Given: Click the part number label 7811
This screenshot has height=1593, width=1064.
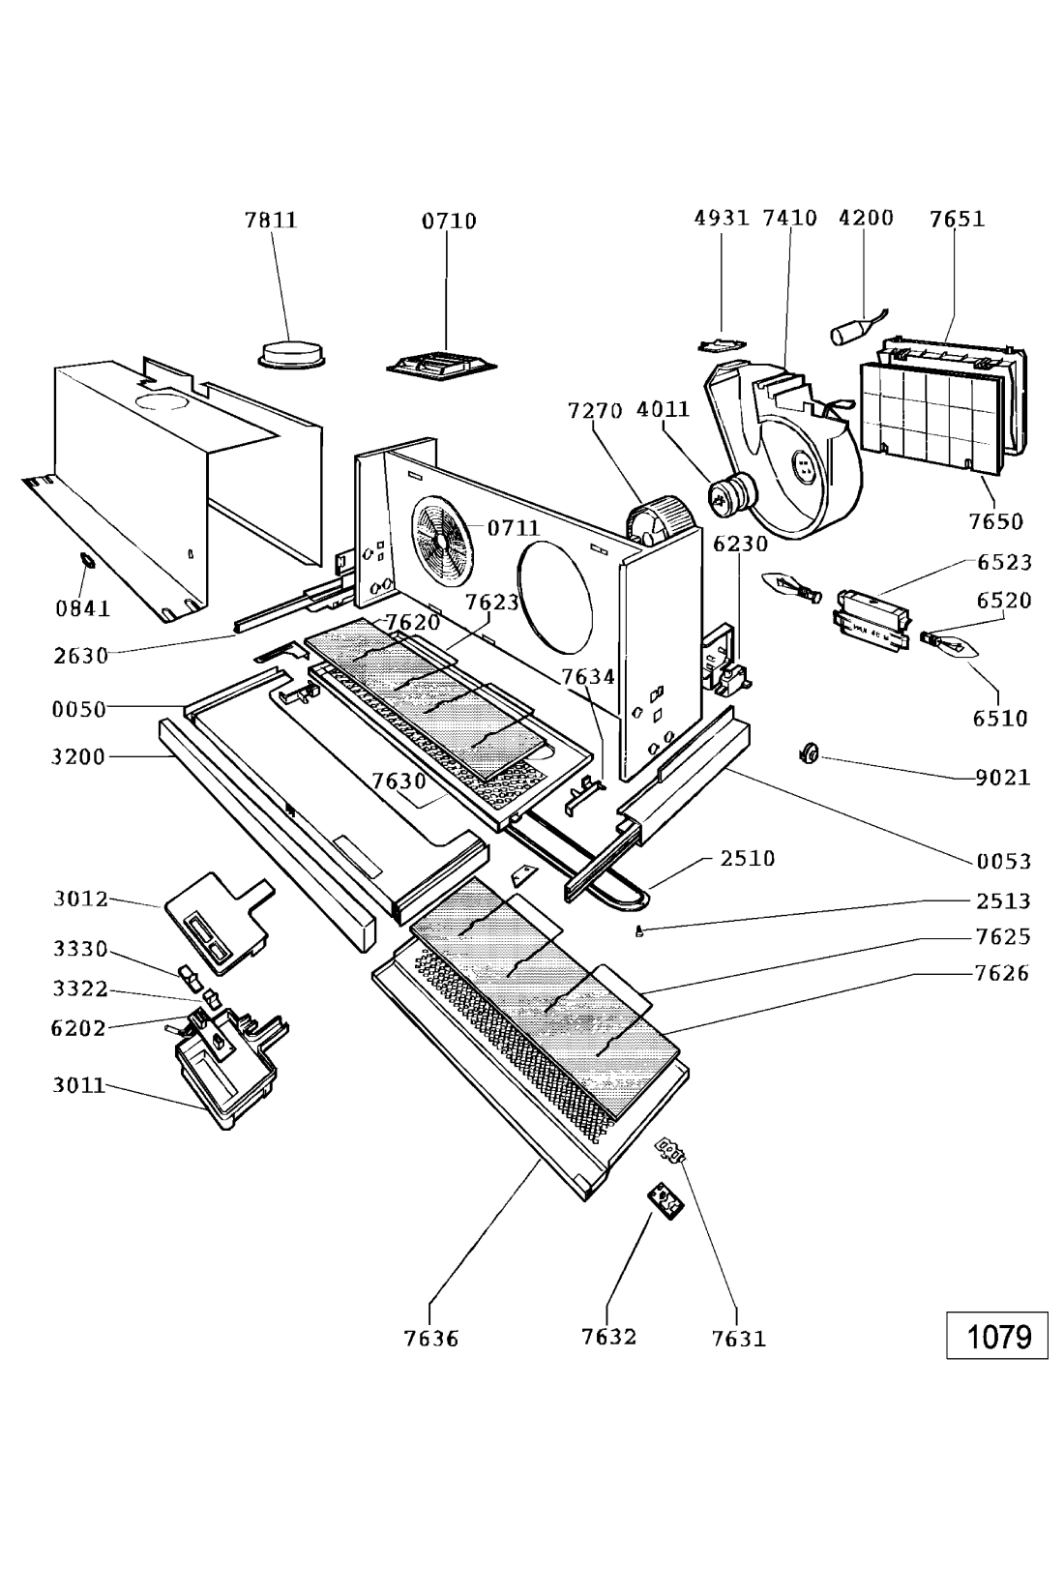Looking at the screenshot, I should pos(270,221).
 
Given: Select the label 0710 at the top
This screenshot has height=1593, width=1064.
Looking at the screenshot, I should pos(448,221).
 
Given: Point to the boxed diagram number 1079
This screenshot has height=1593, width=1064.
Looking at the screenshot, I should pos(997,1337).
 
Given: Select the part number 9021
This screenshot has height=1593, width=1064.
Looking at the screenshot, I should pos(1002,777).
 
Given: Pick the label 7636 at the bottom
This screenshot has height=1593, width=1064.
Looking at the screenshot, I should pos(430,1339).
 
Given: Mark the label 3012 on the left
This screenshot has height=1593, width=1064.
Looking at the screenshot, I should pos(80,900).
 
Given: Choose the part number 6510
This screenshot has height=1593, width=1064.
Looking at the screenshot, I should pos(1000,719).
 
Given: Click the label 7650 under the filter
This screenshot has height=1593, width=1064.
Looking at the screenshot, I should pos(996,522).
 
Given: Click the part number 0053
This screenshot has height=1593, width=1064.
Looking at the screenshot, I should pos(1003,861).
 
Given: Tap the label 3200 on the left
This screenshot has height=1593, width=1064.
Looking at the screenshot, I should pos(78,756).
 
